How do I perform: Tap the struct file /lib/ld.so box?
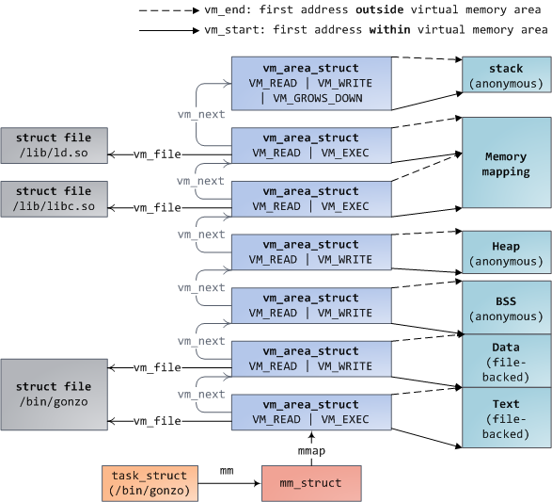[x=54, y=146]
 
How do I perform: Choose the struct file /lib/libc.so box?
[x=54, y=199]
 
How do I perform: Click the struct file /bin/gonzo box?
[x=54, y=394]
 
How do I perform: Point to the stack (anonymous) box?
[x=506, y=76]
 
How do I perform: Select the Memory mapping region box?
[x=506, y=165]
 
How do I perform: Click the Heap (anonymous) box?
[x=506, y=253]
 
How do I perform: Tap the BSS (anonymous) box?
[x=506, y=308]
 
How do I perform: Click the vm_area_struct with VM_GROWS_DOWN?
[x=311, y=83]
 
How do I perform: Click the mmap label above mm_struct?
[x=311, y=450]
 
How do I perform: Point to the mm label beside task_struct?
[x=227, y=469]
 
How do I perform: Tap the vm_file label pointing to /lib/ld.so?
[x=157, y=154]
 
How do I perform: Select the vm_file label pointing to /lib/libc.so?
[x=157, y=207]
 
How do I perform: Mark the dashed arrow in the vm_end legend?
[x=168, y=10]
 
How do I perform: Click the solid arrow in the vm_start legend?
[x=168, y=30]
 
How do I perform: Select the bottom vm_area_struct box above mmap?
[x=311, y=413]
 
